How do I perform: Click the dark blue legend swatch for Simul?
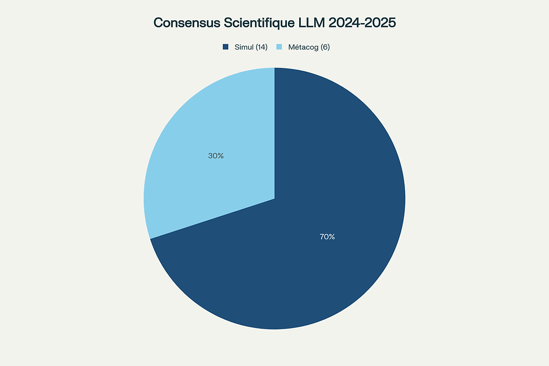pos(225,47)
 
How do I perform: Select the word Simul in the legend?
pos(243,47)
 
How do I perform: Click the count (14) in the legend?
pos(261,47)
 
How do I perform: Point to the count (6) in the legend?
pos(325,47)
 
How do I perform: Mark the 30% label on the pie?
pos(216,156)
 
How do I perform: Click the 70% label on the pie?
pos(327,237)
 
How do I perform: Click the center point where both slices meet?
pos(274,198)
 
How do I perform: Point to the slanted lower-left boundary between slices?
pos(212,219)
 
